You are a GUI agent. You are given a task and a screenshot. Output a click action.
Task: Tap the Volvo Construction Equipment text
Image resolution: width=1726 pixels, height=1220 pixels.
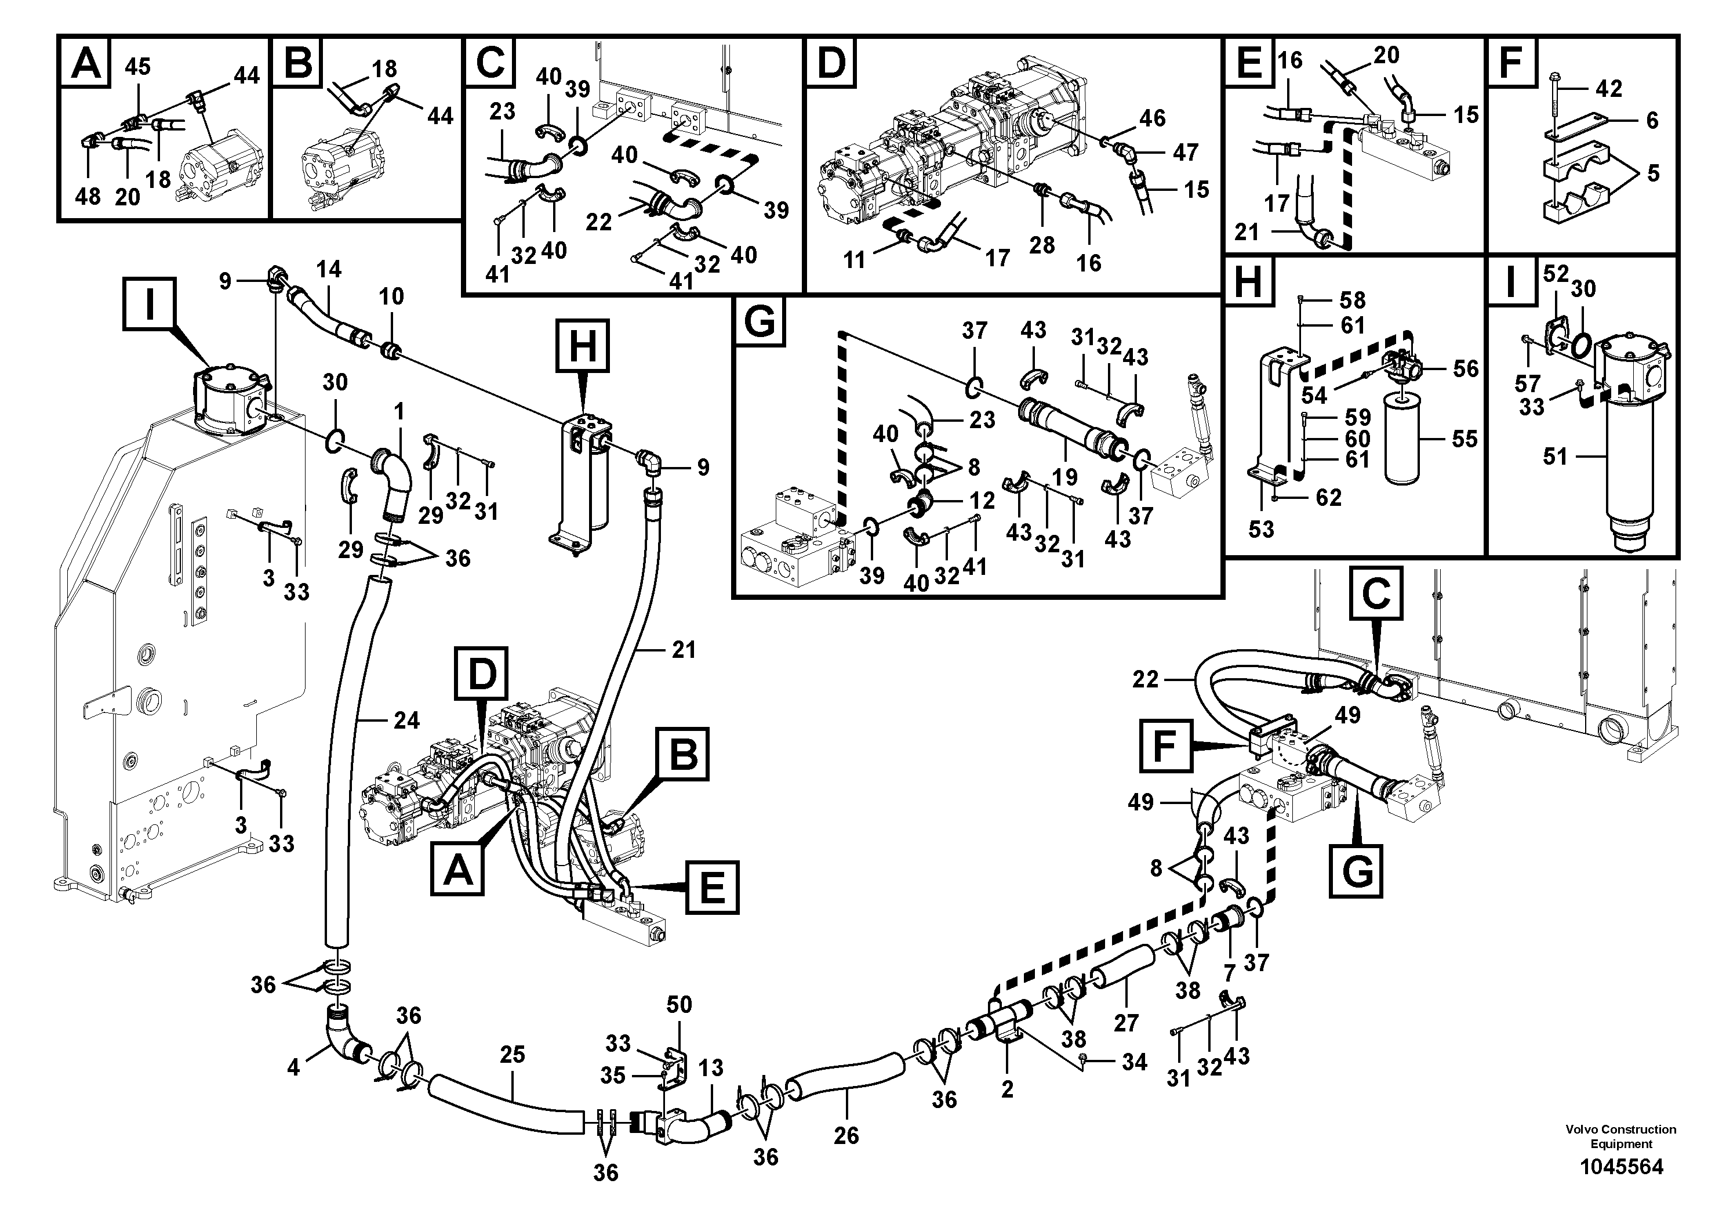tap(1620, 1136)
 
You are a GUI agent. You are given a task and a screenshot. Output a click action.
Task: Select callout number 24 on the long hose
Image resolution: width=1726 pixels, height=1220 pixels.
tap(406, 721)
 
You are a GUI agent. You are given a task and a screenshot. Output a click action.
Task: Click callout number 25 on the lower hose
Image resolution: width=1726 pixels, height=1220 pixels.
tap(512, 1055)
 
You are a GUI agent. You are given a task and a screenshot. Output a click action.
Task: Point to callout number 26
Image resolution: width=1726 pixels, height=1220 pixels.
tap(846, 1135)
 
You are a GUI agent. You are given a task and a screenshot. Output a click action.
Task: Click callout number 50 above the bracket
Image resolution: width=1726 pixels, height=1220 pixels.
tap(679, 1004)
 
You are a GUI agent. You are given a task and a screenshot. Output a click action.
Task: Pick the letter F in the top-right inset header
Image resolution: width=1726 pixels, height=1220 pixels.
tap(1511, 63)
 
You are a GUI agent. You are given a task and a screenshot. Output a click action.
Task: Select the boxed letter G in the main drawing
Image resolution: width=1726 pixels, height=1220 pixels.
tap(1356, 871)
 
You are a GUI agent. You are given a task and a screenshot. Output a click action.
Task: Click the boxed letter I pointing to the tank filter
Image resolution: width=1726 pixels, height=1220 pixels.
tap(150, 305)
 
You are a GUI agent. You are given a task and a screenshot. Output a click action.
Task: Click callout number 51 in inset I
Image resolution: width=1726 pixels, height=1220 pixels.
tap(1554, 457)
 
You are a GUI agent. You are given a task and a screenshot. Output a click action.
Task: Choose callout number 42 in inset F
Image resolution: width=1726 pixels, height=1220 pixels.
tap(1609, 89)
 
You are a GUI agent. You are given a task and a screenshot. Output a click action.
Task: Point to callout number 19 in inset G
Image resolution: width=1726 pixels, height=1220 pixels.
tap(1064, 476)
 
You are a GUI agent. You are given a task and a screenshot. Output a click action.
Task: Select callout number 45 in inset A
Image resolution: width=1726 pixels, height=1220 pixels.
tap(137, 67)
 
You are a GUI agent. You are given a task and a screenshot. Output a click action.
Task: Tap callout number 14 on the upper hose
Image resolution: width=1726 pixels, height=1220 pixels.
tap(329, 269)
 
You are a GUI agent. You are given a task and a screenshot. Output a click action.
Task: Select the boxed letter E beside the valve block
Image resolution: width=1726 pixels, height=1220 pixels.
tap(711, 888)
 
